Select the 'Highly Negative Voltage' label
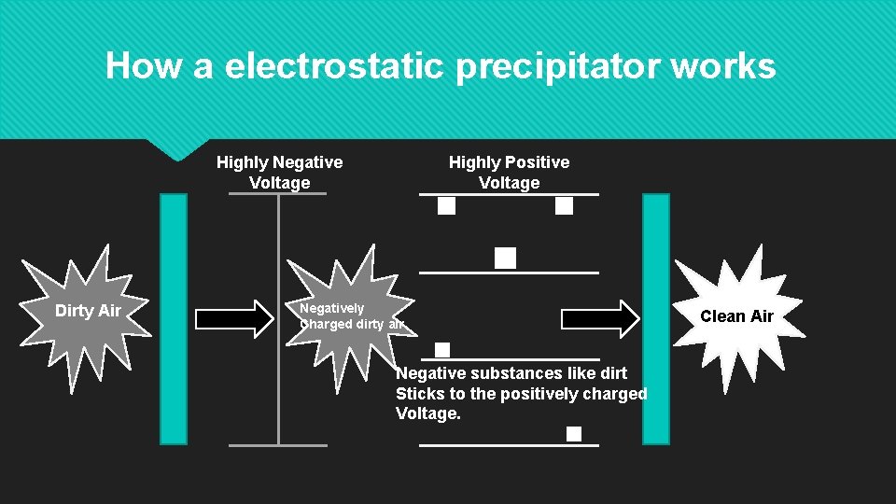coord(279,173)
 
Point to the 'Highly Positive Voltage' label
coord(509,173)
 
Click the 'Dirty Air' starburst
coord(87,312)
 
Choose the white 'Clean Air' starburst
coord(736,315)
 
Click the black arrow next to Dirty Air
coord(231,317)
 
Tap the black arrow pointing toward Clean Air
coord(599,317)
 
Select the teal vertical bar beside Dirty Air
coord(174,317)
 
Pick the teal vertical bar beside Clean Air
coord(656,317)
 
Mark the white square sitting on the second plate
coord(505,259)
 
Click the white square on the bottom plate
coord(573,434)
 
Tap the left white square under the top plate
coord(447,206)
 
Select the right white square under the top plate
coord(564,206)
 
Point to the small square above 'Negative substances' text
coord(442,350)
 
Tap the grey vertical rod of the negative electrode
coord(278,317)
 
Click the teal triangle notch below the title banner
coord(177,149)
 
